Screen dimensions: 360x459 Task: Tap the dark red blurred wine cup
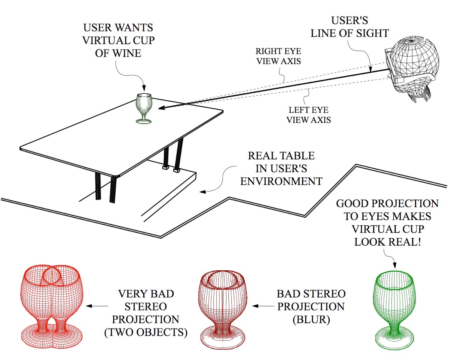(223, 304)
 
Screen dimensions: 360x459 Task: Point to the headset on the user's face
(391, 70)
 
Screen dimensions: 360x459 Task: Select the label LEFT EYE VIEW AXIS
(308, 115)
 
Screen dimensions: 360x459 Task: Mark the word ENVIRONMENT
(281, 181)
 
